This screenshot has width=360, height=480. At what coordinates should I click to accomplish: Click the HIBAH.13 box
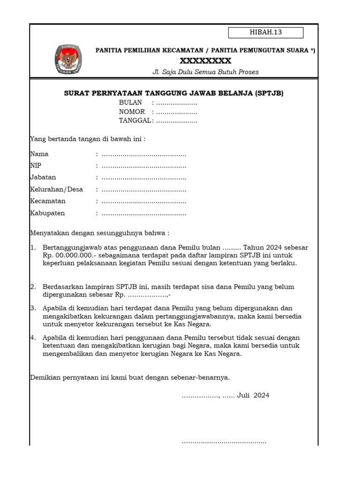pyautogui.click(x=266, y=32)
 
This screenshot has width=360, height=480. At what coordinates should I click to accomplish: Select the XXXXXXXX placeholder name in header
pyautogui.click(x=206, y=61)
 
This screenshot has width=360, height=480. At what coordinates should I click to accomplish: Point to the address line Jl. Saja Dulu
pyautogui.click(x=205, y=72)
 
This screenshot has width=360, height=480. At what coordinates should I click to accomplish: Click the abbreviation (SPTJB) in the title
pyautogui.click(x=270, y=93)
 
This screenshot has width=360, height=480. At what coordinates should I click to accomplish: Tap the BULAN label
pyautogui.click(x=130, y=103)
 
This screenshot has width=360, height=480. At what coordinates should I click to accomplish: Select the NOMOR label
pyautogui.click(x=132, y=112)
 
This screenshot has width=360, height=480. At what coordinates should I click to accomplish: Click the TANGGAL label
pyautogui.click(x=135, y=120)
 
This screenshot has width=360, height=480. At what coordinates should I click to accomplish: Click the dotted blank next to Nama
pyautogui.click(x=144, y=154)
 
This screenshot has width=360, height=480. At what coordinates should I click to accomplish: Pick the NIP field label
pyautogui.click(x=36, y=165)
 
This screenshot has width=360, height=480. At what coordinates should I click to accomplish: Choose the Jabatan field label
pyautogui.click(x=43, y=177)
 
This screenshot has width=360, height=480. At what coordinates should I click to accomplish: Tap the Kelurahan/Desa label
pyautogui.click(x=56, y=189)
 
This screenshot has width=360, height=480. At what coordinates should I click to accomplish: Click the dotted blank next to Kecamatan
pyautogui.click(x=144, y=202)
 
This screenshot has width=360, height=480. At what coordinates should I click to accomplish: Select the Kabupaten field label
pyautogui.click(x=47, y=213)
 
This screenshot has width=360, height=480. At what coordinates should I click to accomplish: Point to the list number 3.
pyautogui.click(x=33, y=308)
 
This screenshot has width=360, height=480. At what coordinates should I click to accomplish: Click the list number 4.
pyautogui.click(x=33, y=337)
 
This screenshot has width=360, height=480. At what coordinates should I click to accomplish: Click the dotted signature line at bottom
pyautogui.click(x=224, y=442)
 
